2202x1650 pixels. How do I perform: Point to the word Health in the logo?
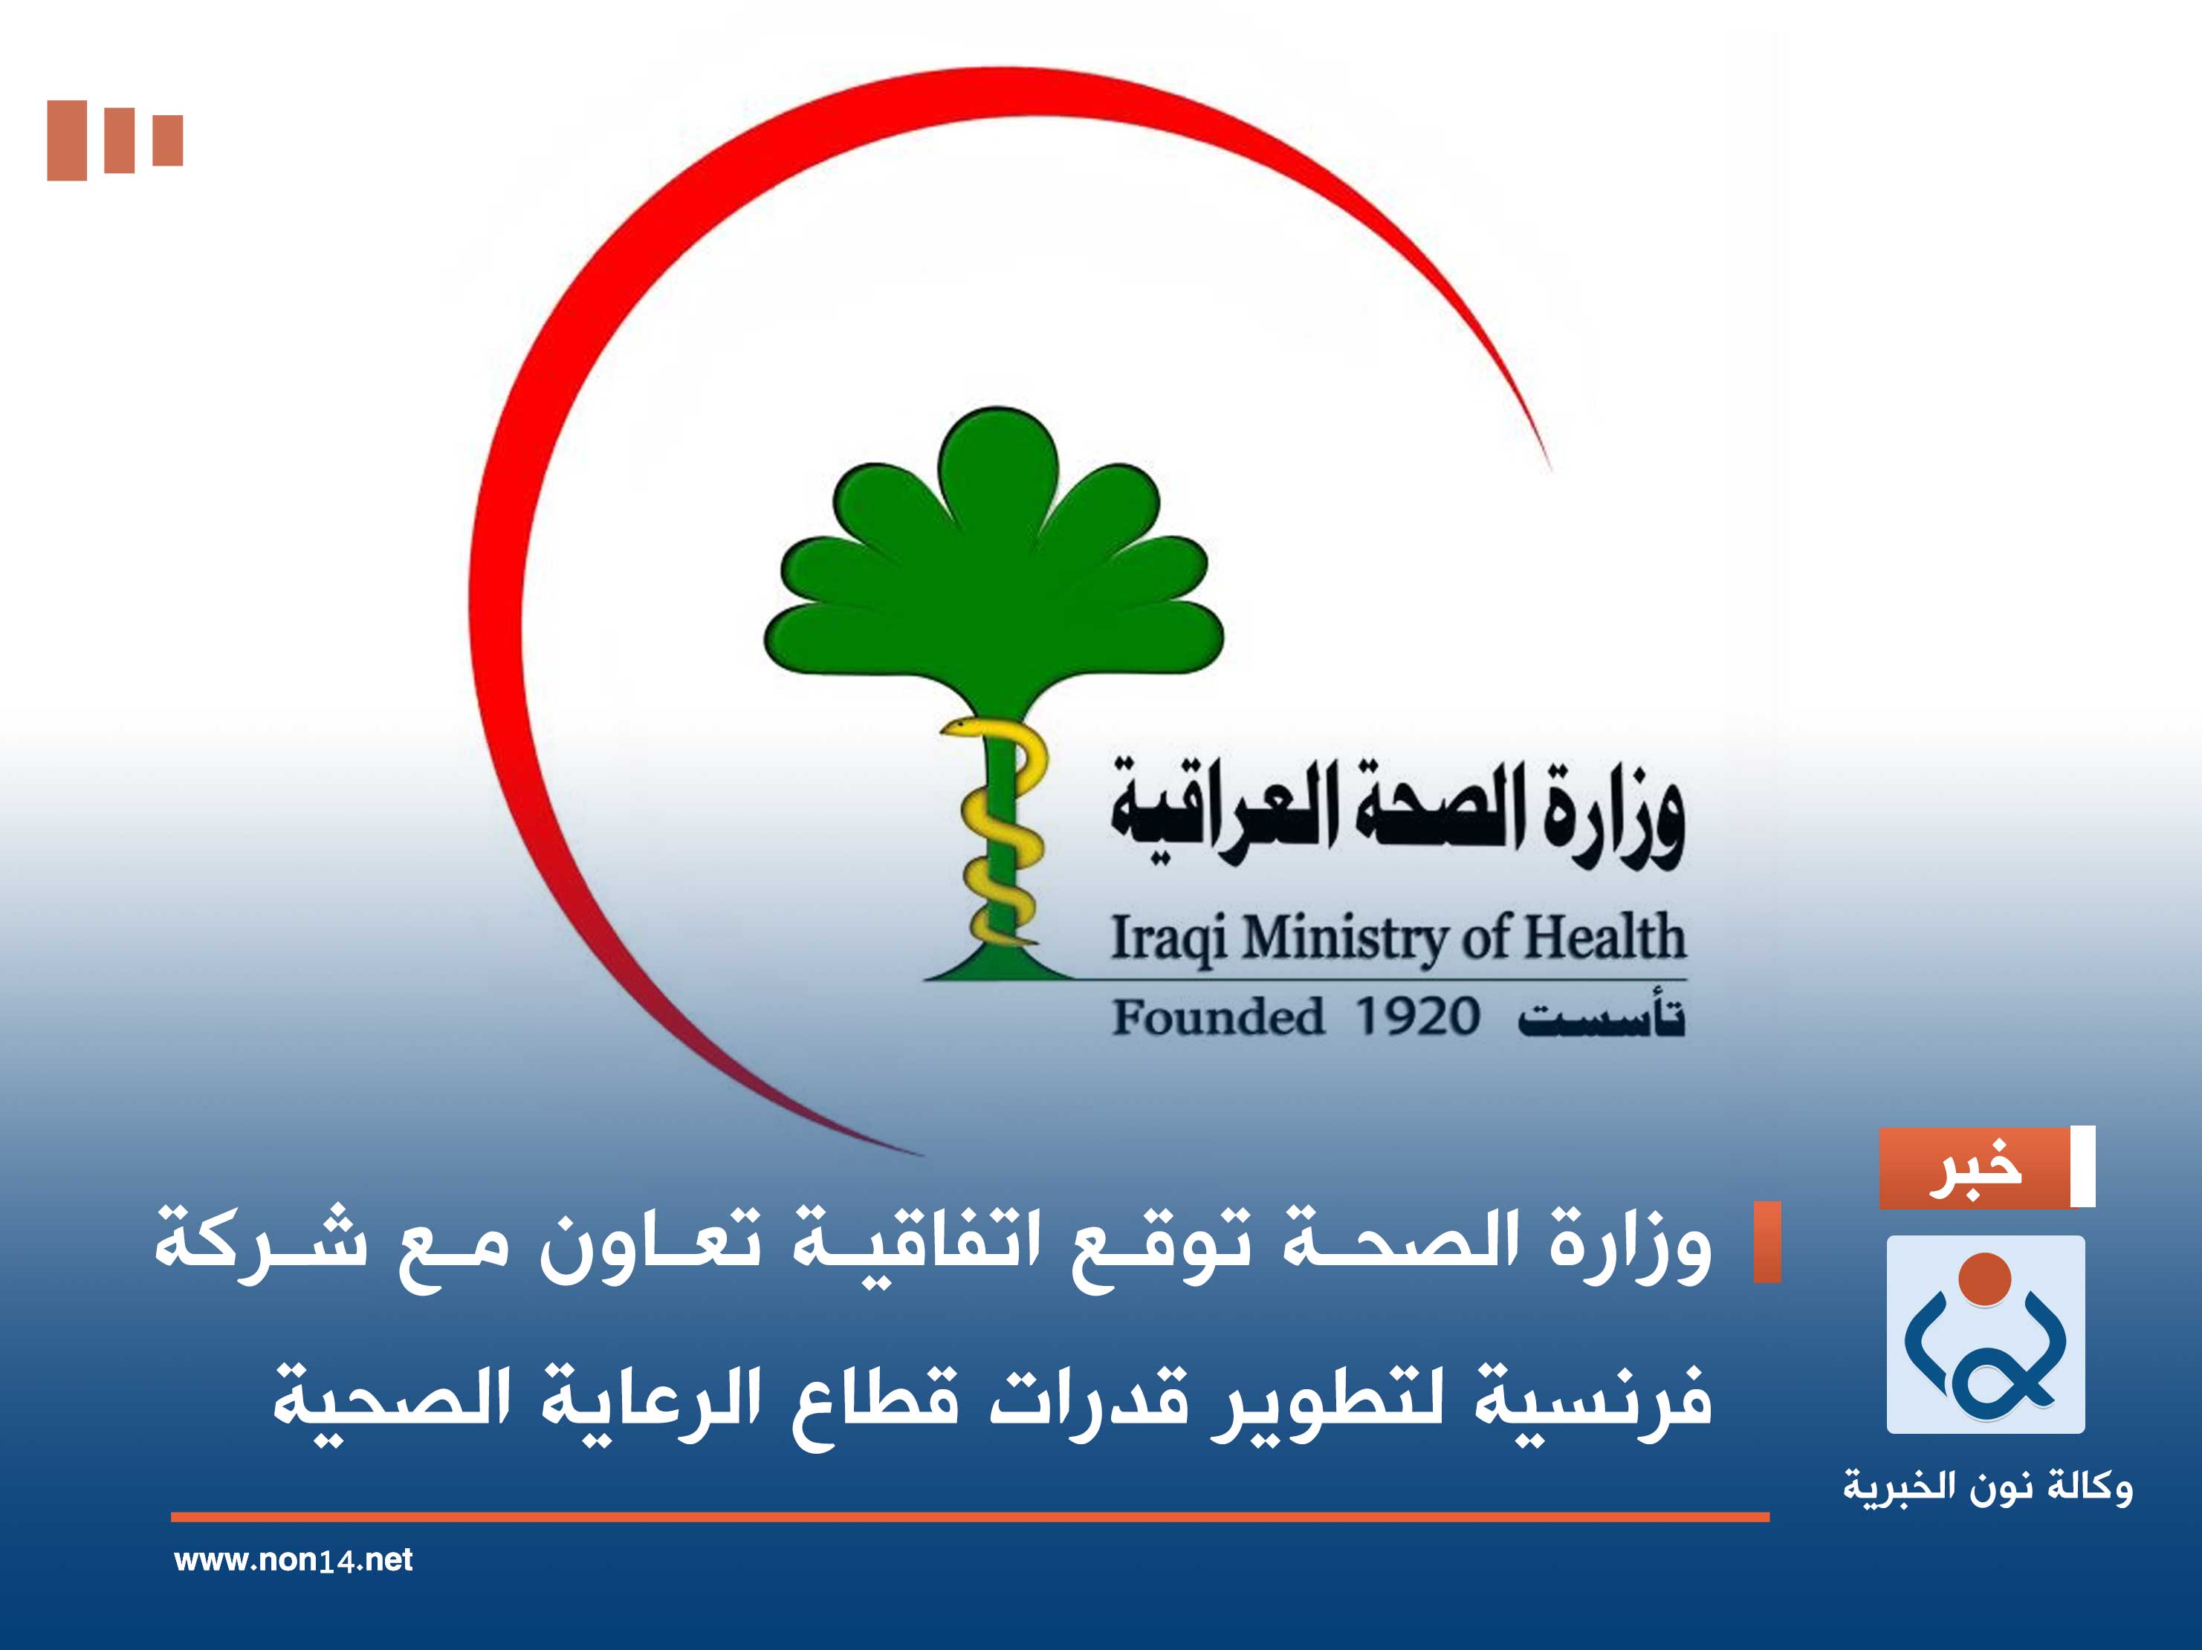(x=1604, y=937)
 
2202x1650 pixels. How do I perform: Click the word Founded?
(x=1217, y=1017)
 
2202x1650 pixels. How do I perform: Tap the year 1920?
(x=1417, y=1017)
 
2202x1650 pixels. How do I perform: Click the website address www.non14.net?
(x=293, y=1559)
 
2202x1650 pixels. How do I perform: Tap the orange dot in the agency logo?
(x=1984, y=1279)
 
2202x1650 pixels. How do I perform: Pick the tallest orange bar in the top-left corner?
(x=67, y=140)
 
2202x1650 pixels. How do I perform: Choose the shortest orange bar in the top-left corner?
(x=167, y=140)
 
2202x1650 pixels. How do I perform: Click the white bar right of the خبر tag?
(x=2082, y=1167)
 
